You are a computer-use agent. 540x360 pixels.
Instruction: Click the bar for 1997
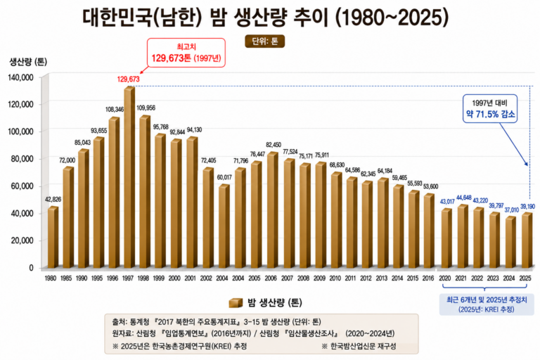129,177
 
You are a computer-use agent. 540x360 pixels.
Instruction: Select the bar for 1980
53,237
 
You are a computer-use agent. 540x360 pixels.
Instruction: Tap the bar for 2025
527,240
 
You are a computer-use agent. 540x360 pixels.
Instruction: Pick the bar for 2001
192,202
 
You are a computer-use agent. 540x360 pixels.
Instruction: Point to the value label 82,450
273,145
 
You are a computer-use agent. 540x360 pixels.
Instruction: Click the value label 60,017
224,177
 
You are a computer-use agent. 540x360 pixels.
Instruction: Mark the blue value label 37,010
511,210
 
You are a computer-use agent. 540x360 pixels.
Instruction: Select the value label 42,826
53,199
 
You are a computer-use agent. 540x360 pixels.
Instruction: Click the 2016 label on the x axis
428,278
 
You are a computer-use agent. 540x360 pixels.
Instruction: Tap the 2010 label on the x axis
335,278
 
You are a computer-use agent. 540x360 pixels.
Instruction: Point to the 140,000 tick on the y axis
21,77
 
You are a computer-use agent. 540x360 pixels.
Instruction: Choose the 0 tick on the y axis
32,268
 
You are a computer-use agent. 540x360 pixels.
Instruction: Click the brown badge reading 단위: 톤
264,41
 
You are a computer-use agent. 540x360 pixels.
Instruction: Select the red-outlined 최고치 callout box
186,53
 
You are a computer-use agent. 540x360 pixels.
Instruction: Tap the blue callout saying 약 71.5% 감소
489,108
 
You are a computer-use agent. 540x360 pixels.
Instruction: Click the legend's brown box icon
236,302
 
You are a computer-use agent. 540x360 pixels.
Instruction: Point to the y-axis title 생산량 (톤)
28,62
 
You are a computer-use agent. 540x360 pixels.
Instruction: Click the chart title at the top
266,17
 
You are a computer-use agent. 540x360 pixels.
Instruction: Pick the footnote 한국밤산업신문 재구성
359,345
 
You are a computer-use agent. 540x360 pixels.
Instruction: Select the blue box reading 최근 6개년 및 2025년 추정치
487,304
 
